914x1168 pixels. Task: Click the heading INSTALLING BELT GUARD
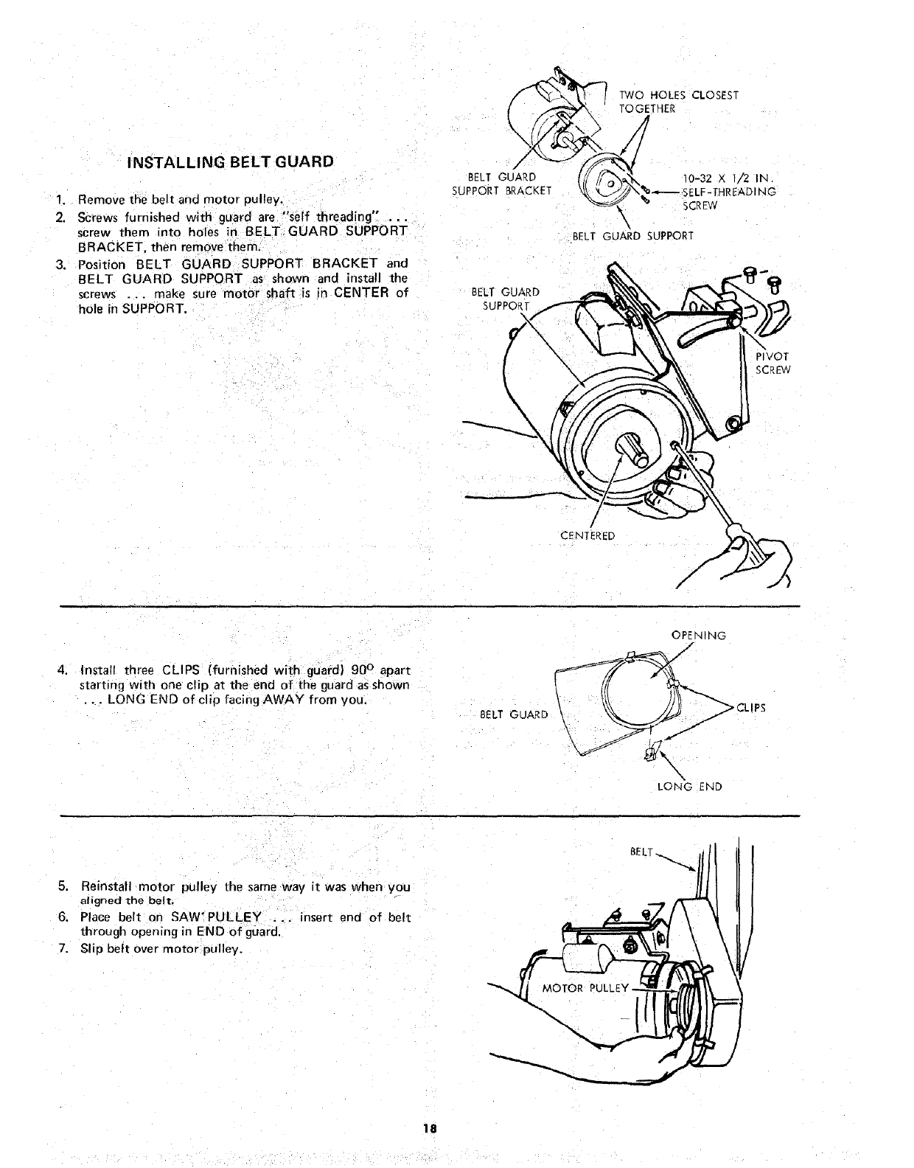pyautogui.click(x=231, y=161)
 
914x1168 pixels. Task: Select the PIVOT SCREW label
pyautogui.click(x=772, y=364)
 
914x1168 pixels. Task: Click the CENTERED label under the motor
pyautogui.click(x=587, y=535)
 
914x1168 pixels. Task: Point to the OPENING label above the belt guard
pyautogui.click(x=698, y=636)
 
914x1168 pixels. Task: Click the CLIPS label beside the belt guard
pyautogui.click(x=751, y=708)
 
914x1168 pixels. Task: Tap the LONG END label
pyautogui.click(x=689, y=787)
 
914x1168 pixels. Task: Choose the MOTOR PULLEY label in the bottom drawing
pyautogui.click(x=585, y=988)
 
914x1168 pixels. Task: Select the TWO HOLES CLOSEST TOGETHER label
pyautogui.click(x=678, y=102)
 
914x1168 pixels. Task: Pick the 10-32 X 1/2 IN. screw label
pyautogui.click(x=727, y=178)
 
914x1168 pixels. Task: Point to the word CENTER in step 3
pyautogui.click(x=361, y=293)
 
